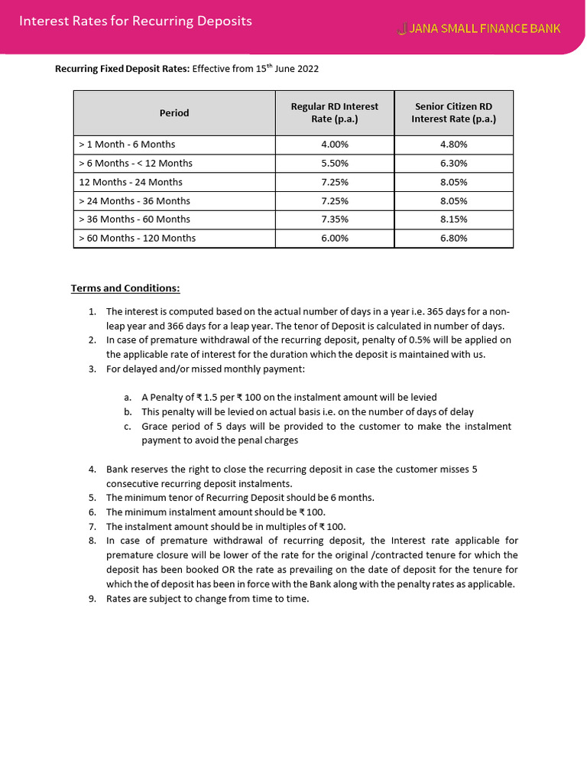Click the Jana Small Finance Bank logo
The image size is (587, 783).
coord(479,29)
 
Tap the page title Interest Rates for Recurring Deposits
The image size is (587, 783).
coord(135,21)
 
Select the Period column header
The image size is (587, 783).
coord(174,113)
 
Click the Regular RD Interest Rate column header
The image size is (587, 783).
coord(334,113)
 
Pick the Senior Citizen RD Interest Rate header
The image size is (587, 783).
coord(453,113)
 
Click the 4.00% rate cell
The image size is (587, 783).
coord(334,145)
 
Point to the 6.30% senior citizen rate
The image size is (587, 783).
coord(453,164)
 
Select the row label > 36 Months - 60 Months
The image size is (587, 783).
coord(135,219)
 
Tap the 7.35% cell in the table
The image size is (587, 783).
coord(334,219)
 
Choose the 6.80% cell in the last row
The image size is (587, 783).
coord(453,239)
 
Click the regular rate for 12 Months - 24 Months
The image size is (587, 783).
coord(334,182)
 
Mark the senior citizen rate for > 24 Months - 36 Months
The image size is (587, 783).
coord(453,201)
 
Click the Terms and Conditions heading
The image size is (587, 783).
coord(125,288)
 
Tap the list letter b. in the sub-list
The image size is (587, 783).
coord(128,412)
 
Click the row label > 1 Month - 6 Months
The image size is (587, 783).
coord(127,145)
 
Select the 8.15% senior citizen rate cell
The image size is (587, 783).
coord(453,219)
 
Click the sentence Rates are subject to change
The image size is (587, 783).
coord(207,599)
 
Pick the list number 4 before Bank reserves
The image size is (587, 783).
coord(92,469)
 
